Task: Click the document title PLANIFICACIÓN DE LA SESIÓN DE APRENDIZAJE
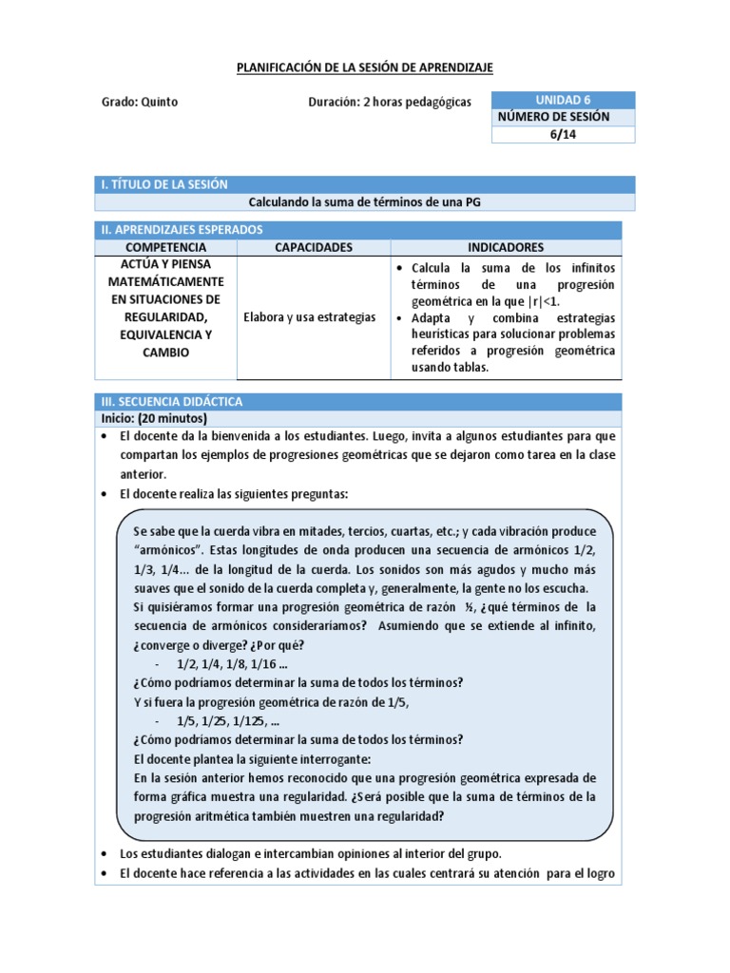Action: point(365,67)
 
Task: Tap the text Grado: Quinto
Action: point(139,102)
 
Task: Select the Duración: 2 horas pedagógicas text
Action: point(390,102)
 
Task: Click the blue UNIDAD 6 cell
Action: point(563,100)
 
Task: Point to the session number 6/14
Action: point(563,134)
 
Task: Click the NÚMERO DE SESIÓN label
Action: point(553,117)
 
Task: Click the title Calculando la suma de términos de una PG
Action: point(358,202)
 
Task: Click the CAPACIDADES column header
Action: point(313,247)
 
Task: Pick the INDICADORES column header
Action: point(506,247)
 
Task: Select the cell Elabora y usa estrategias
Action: point(310,316)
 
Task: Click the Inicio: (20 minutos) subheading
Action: point(154,418)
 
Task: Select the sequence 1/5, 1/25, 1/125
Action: point(227,720)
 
